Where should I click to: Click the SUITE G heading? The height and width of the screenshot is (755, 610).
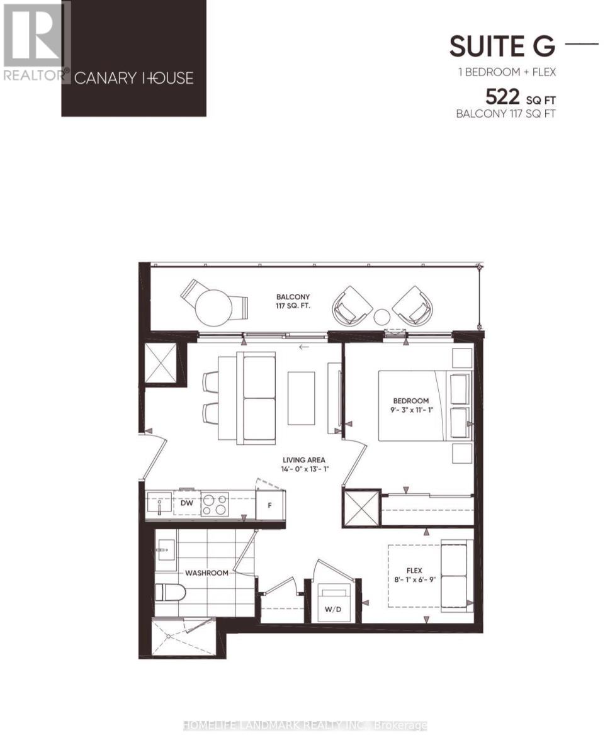pyautogui.click(x=502, y=46)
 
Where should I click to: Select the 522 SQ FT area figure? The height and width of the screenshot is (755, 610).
pyautogui.click(x=520, y=98)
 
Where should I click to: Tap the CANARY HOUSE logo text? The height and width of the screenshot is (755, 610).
pyautogui.click(x=133, y=78)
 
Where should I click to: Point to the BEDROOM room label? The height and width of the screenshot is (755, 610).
pyautogui.click(x=410, y=401)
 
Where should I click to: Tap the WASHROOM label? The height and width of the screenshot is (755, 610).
pyautogui.click(x=206, y=573)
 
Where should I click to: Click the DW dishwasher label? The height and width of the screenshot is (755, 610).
pyautogui.click(x=186, y=503)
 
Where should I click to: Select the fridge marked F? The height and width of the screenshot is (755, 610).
pyautogui.click(x=269, y=505)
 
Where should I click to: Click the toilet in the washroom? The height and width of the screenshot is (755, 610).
pyautogui.click(x=171, y=593)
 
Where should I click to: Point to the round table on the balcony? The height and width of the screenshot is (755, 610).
pyautogui.click(x=214, y=308)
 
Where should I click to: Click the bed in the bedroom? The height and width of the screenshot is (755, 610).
pyautogui.click(x=423, y=405)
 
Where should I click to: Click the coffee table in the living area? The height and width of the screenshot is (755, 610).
pyautogui.click(x=301, y=398)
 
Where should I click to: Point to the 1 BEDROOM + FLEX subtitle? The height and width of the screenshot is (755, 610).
pyautogui.click(x=507, y=72)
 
